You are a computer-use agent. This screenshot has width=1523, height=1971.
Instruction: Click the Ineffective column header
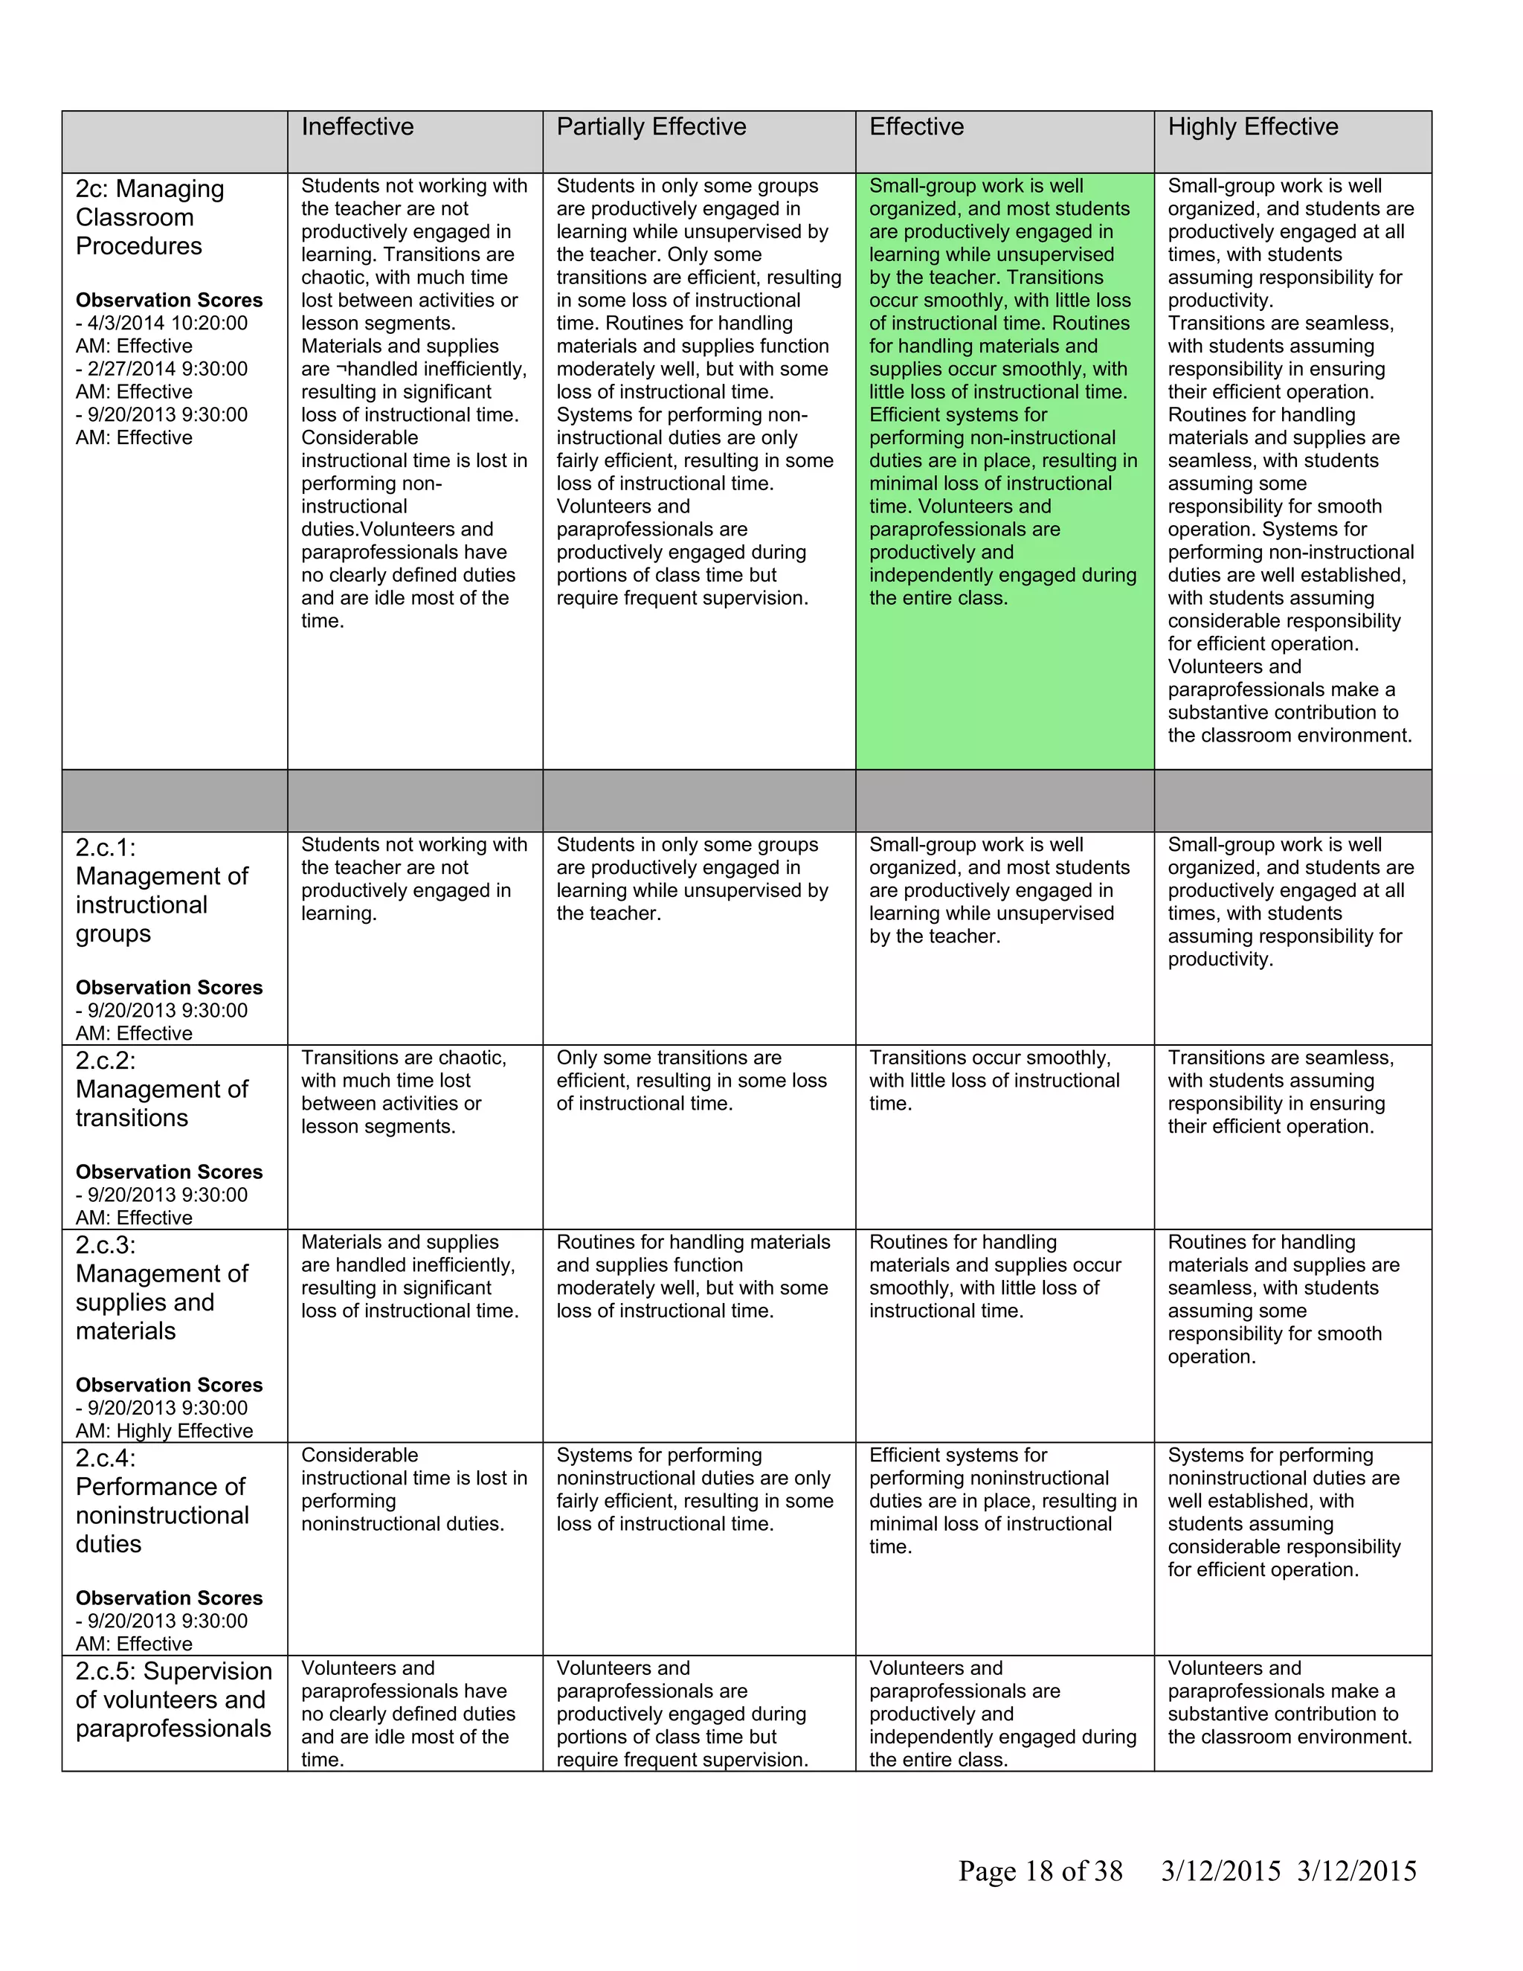point(357,127)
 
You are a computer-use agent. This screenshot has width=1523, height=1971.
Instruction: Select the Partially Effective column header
point(651,127)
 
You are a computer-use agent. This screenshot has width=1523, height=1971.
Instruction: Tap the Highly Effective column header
point(1252,127)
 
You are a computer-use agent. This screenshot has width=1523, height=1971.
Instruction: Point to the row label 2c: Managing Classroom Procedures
point(149,217)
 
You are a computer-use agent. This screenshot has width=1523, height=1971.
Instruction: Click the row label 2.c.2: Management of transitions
point(162,1090)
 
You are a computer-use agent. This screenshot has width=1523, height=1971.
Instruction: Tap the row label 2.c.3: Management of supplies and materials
point(162,1287)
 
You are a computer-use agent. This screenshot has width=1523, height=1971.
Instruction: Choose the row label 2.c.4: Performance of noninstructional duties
point(162,1501)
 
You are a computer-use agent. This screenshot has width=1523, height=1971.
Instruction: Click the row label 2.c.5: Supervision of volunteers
point(173,1700)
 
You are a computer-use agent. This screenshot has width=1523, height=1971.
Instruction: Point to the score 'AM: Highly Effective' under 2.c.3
point(164,1430)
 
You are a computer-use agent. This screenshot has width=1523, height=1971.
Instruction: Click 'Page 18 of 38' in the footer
point(1040,1871)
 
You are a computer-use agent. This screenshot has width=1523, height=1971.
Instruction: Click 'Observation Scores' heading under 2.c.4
point(169,1598)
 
